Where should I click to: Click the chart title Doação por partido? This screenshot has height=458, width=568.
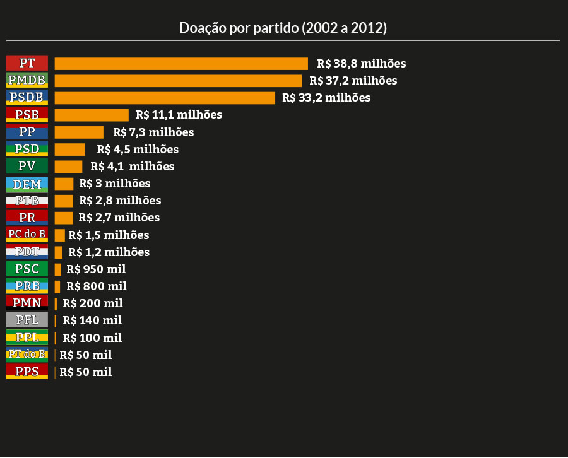click(x=283, y=28)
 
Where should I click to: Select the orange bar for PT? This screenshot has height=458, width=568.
click(x=181, y=64)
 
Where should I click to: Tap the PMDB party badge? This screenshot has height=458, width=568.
click(x=27, y=80)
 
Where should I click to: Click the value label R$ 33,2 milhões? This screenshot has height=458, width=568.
click(x=326, y=98)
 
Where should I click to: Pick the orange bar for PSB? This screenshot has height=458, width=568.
click(x=92, y=115)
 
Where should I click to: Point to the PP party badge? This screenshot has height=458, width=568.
click(x=27, y=132)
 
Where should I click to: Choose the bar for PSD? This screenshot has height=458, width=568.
click(x=69, y=150)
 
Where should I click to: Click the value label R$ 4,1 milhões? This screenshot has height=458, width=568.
click(x=132, y=167)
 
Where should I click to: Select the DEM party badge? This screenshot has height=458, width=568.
click(x=27, y=184)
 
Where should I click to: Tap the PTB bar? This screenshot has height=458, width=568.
click(x=64, y=201)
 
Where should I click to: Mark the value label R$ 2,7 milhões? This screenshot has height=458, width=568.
click(x=119, y=218)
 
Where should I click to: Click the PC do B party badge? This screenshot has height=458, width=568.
click(x=27, y=235)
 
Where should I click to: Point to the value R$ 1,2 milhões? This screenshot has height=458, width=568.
click(x=109, y=252)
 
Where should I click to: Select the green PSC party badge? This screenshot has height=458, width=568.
click(x=27, y=269)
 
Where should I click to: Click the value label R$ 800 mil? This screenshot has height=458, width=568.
click(x=96, y=286)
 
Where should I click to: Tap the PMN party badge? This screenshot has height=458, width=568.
click(x=27, y=303)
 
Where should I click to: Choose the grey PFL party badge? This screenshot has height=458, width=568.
click(x=27, y=320)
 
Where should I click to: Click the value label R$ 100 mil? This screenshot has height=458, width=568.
click(x=92, y=338)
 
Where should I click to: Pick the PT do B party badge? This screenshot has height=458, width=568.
click(x=27, y=354)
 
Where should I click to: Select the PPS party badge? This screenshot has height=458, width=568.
click(x=27, y=372)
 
